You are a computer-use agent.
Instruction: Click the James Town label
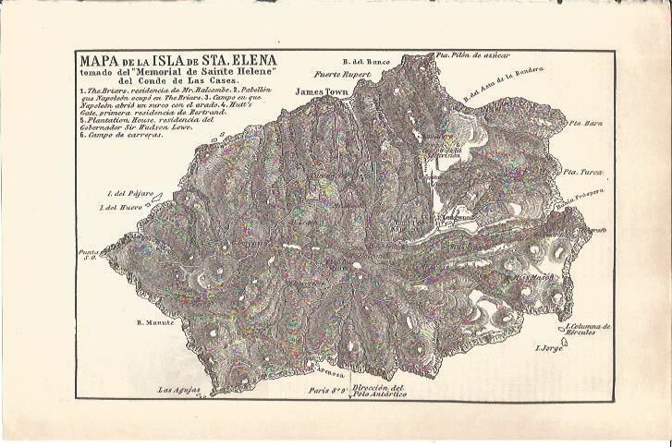322,92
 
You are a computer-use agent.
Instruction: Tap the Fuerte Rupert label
341,74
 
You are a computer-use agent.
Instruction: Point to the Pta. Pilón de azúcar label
476,55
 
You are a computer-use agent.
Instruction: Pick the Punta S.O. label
89,255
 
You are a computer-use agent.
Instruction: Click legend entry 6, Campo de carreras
123,135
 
